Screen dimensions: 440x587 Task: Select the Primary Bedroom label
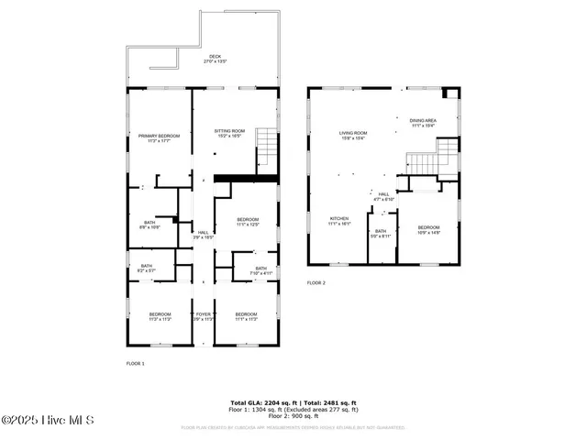coord(160,137)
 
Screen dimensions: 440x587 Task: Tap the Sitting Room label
coord(229,133)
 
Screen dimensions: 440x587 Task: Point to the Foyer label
coord(204,317)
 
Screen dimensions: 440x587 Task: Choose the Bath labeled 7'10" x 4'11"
coord(260,270)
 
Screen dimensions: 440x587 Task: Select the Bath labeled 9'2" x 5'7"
coord(147,269)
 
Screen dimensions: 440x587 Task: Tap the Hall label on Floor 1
coord(203,234)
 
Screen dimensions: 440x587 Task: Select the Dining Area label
coord(422,123)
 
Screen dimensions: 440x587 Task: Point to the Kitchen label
coord(339,221)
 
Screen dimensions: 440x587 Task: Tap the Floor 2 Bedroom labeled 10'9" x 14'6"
coord(429,229)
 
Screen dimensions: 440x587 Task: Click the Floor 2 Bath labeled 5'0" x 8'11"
coord(381,233)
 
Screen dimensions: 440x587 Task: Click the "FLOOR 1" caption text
coord(136,363)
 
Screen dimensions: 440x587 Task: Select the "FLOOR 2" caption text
coord(316,282)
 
